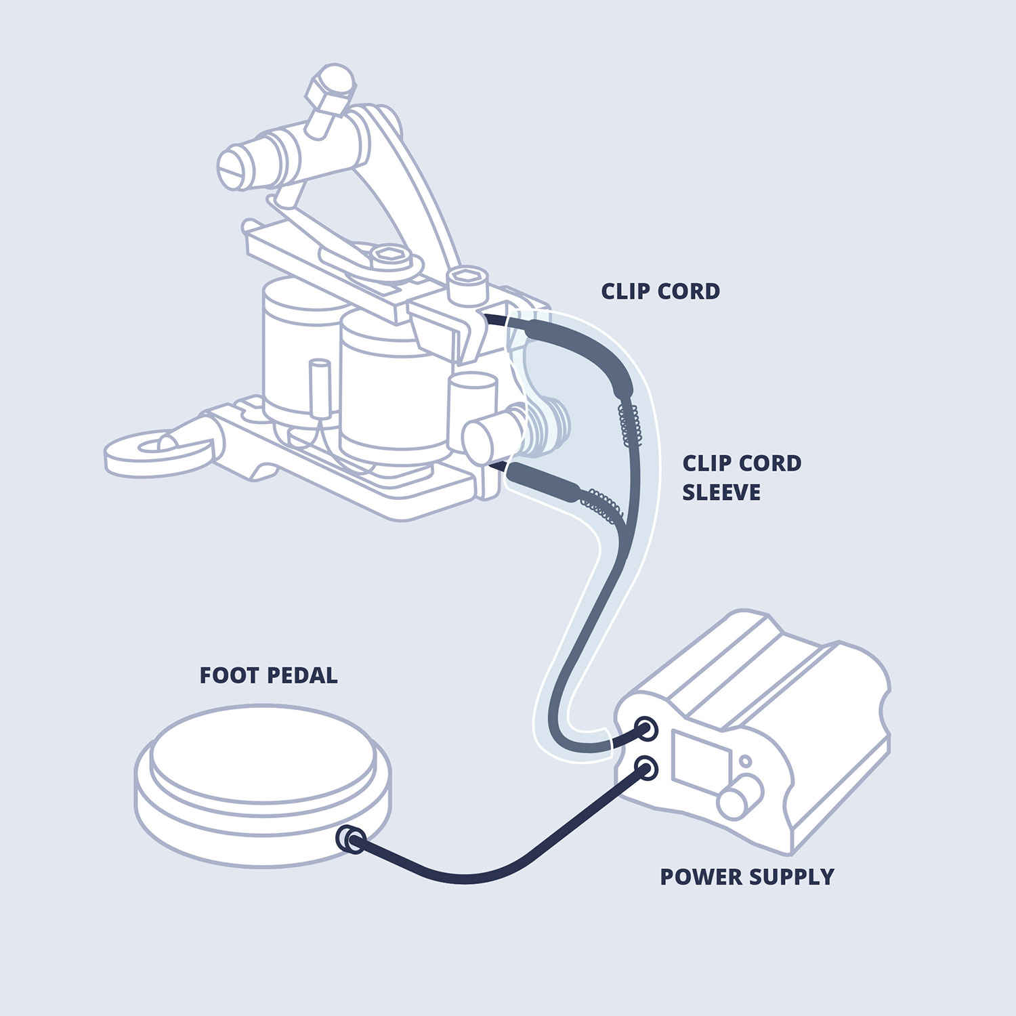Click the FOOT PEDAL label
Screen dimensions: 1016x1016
click(268, 675)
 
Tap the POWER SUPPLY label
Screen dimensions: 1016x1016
click(746, 876)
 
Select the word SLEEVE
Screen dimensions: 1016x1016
click(721, 492)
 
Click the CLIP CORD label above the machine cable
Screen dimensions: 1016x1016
click(660, 291)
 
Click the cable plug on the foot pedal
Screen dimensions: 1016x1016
click(352, 839)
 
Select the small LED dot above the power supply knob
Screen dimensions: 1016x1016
click(745, 761)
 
